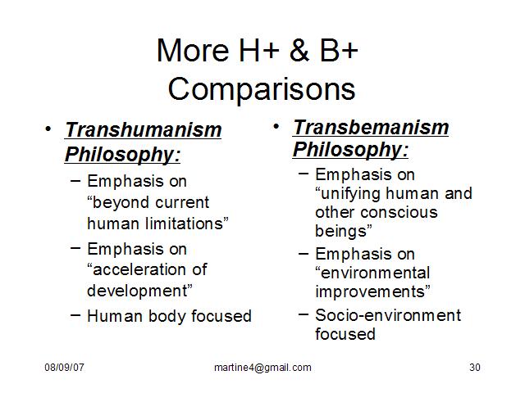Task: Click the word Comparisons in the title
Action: click(262, 89)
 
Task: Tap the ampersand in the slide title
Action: click(299, 50)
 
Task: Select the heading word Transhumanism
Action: click(144, 129)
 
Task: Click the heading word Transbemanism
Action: click(371, 128)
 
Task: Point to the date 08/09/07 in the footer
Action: click(64, 368)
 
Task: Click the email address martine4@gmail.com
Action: click(262, 368)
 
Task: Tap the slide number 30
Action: click(475, 368)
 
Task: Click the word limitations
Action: click(184, 224)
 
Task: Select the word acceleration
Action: click(140, 269)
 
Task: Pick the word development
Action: click(137, 291)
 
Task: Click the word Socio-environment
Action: click(388, 315)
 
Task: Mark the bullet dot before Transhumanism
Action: click(48, 129)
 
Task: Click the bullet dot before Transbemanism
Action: click(276, 127)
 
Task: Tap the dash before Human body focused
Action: click(75, 314)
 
